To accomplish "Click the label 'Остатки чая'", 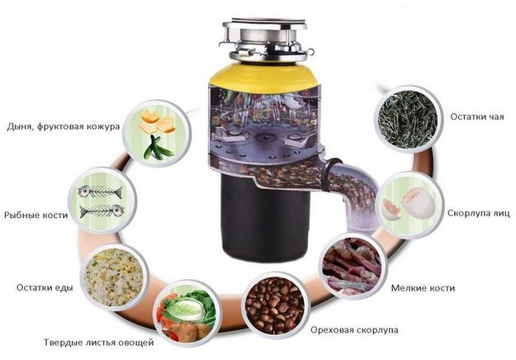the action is coord(477,116).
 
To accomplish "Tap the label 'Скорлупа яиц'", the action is coord(479,213).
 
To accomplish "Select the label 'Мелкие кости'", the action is coord(423,288).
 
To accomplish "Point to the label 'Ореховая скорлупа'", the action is coord(354,329).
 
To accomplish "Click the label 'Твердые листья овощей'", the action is coord(99,343).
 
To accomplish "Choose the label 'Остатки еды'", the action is coord(45,287).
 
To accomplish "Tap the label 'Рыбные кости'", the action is coord(36,216).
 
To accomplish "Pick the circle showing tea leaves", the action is coord(408,119).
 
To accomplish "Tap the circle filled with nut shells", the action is coord(275,305).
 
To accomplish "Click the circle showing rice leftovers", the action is coord(114,277).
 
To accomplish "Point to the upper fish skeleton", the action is coord(100,192).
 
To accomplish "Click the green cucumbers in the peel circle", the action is coord(158,148).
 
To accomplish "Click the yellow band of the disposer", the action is coord(264,78).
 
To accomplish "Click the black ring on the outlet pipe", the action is coord(330,174).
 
